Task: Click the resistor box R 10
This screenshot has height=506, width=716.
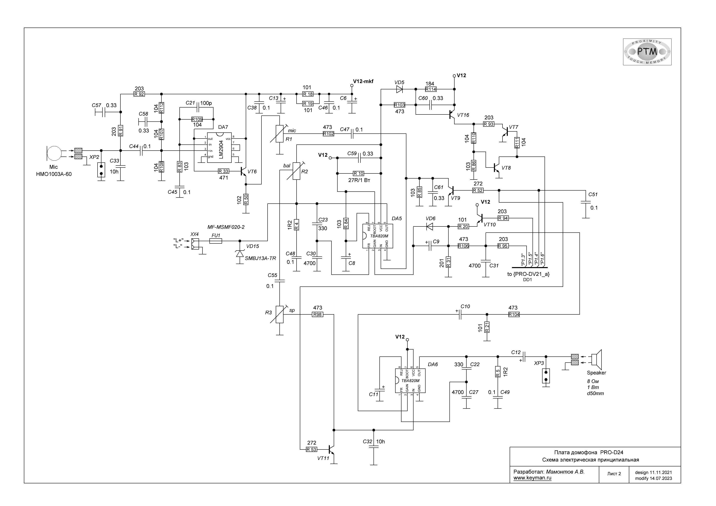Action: point(359,173)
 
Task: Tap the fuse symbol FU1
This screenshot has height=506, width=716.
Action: point(216,241)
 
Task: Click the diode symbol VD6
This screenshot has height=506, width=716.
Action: point(430,226)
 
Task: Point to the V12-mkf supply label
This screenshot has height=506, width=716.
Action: point(363,81)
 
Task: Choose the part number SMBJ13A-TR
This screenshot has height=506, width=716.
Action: point(260,259)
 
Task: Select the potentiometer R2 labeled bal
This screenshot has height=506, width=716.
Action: point(297,171)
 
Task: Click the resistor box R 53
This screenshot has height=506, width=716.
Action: point(311,449)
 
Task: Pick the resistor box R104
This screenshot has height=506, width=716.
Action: point(514,315)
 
